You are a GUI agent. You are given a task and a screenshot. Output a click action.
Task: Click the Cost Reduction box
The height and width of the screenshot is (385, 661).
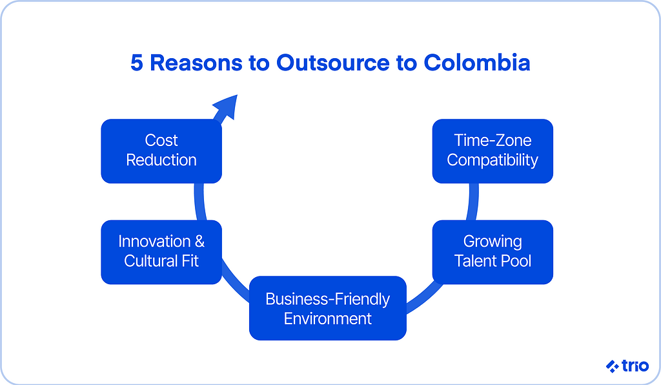click(x=161, y=151)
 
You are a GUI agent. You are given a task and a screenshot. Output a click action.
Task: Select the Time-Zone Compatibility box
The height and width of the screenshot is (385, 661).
click(x=493, y=151)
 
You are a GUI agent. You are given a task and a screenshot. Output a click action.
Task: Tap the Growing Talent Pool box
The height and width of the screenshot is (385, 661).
click(x=493, y=252)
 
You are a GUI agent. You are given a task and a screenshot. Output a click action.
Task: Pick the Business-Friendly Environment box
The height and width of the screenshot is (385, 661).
click(x=327, y=308)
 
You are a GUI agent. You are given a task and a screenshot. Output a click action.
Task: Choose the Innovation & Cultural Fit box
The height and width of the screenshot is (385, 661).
click(x=161, y=252)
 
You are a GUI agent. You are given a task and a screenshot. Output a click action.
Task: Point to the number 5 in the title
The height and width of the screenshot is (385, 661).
click(x=137, y=63)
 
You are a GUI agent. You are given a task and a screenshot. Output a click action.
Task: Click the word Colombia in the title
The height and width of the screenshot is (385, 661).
click(x=477, y=63)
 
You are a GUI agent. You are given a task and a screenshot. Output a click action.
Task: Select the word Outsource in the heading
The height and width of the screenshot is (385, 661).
click(x=333, y=63)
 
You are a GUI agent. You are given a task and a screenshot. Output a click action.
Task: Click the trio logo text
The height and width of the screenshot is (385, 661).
click(x=635, y=366)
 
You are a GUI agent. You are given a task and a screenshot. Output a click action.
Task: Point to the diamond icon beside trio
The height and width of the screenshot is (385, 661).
click(x=613, y=366)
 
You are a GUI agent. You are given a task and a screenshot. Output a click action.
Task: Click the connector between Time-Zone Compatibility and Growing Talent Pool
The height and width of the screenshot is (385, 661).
click(x=473, y=202)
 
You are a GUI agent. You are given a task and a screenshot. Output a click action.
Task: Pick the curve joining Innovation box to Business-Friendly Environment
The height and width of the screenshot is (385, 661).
click(x=235, y=282)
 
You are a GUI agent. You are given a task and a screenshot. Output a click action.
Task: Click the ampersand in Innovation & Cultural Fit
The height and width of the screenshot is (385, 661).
click(x=199, y=242)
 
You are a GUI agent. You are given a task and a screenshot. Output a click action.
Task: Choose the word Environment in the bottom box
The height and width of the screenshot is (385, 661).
click(x=327, y=319)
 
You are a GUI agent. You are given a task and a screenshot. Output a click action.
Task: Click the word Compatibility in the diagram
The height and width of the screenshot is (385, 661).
click(x=493, y=161)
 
